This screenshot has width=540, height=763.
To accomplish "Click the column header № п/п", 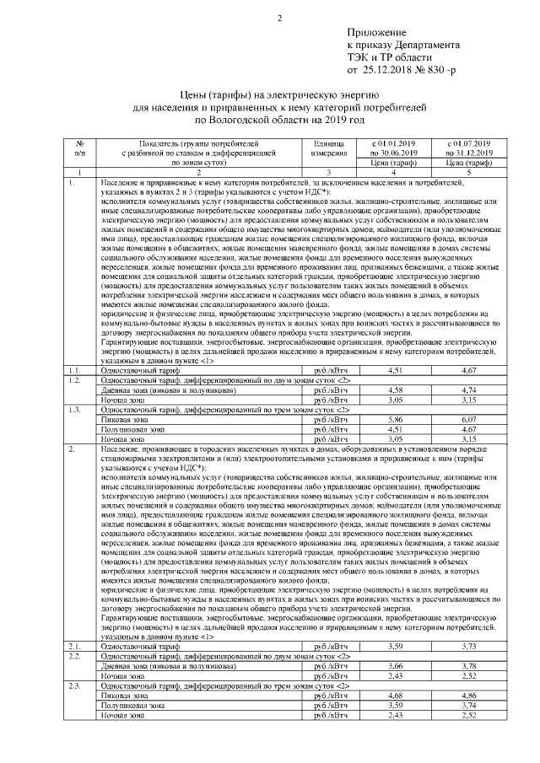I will tap(79, 148).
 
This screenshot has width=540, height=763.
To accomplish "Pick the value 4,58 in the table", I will tap(395, 390).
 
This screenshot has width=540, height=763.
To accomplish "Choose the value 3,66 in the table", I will tap(395, 666).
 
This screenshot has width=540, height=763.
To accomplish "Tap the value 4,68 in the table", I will tap(395, 695).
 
